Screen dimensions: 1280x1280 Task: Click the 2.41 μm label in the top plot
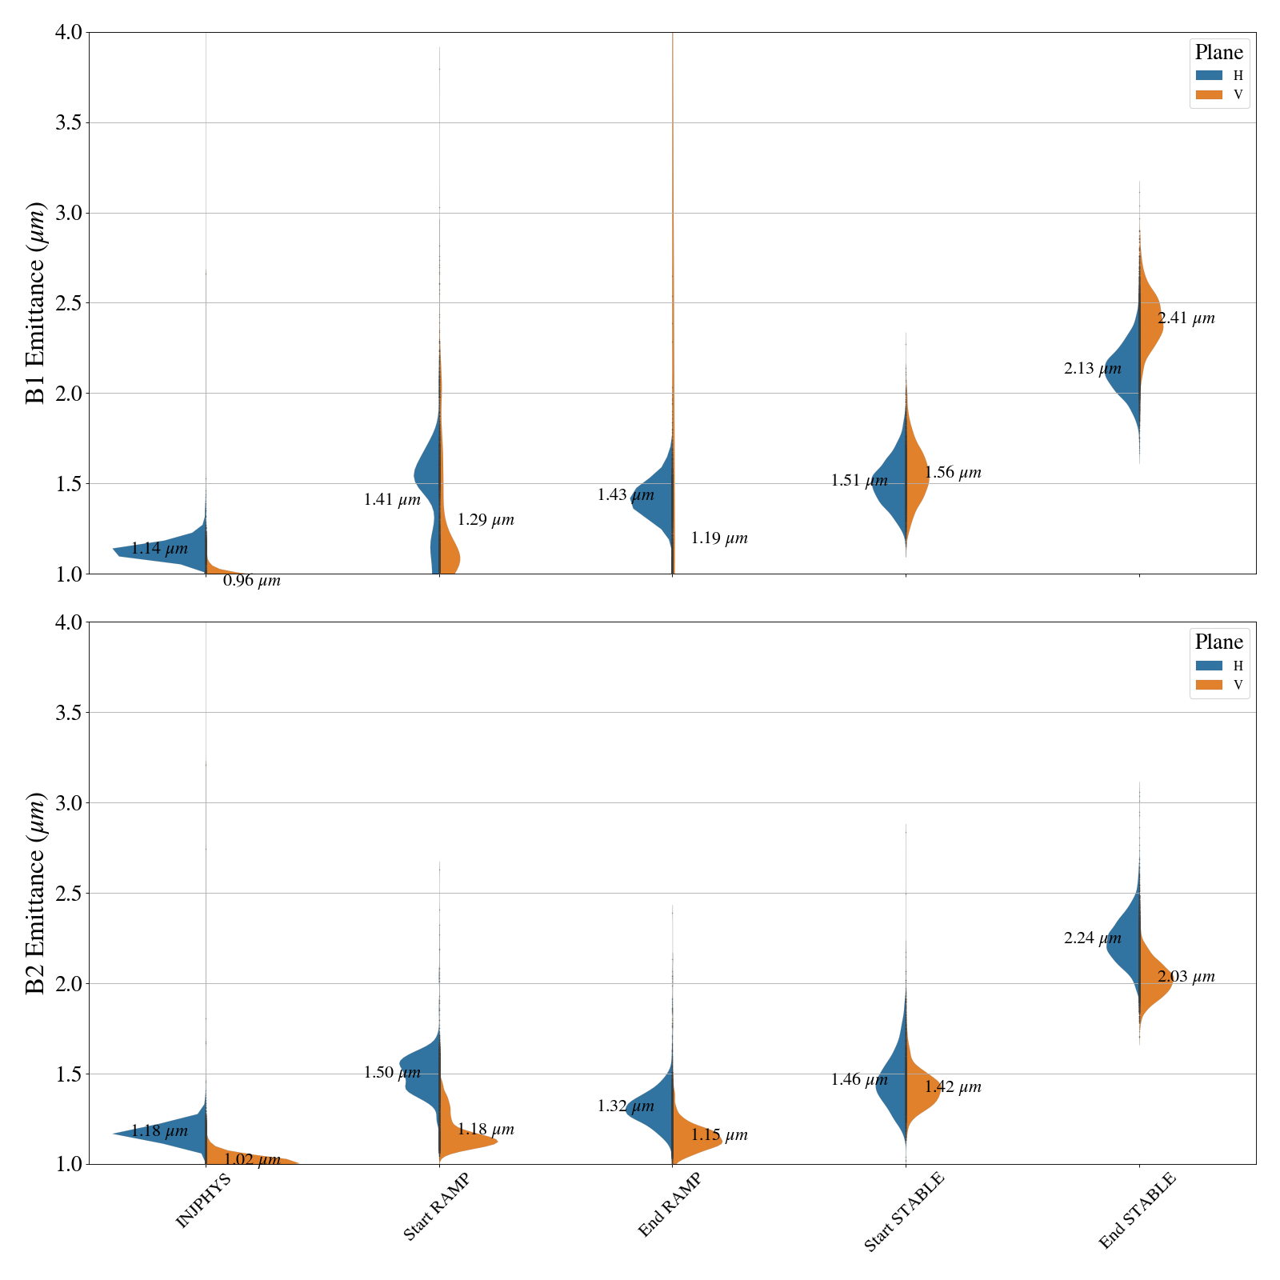click(1186, 318)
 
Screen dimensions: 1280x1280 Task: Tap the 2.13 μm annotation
click(1092, 369)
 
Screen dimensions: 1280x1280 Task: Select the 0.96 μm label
click(251, 582)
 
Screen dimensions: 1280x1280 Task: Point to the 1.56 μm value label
click(952, 473)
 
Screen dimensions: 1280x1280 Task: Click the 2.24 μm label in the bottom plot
click(1092, 938)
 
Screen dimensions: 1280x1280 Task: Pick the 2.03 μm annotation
click(1186, 977)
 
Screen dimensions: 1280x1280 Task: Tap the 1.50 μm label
click(391, 1073)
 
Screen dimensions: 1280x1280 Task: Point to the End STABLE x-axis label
click(1138, 1210)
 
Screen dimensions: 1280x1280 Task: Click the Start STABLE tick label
click(904, 1211)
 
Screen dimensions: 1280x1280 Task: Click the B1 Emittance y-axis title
click(36, 303)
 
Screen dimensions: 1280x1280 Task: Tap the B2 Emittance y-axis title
click(36, 894)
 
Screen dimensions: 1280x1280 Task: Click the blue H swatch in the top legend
click(1209, 76)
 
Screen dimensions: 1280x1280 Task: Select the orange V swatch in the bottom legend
click(1209, 685)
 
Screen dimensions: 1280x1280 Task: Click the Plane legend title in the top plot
click(1218, 53)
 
